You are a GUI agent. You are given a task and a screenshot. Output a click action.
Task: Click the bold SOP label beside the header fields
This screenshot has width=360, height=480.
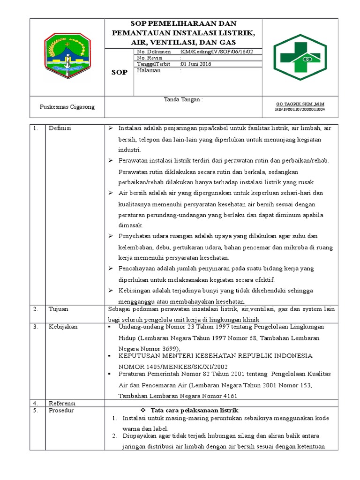119,73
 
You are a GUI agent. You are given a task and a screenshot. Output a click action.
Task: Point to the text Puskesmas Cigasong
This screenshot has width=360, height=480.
67,107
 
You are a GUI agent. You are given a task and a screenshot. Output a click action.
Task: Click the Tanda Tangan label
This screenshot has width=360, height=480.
183,100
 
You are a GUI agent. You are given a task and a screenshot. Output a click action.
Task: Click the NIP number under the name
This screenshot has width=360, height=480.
300,109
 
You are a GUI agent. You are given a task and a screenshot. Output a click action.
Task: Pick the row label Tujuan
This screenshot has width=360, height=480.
58,309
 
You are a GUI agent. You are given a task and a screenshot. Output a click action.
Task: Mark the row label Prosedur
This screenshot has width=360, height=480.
61,410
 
